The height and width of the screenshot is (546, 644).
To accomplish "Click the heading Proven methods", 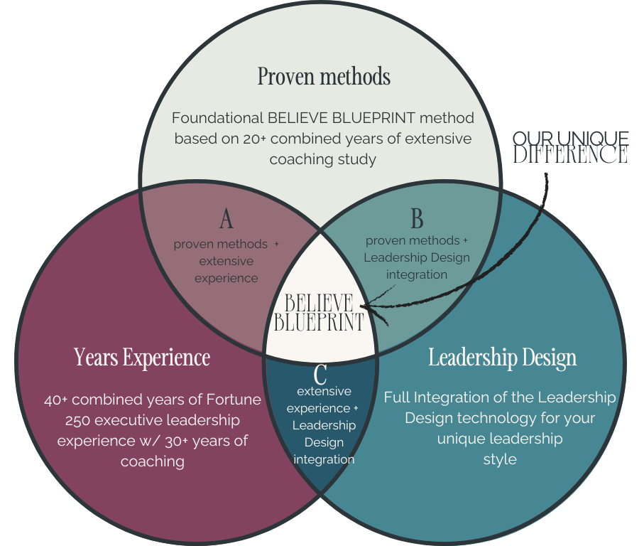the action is [x=324, y=76].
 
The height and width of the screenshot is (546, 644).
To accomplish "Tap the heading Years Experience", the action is [x=142, y=357].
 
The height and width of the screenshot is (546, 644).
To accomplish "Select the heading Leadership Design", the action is [x=502, y=357].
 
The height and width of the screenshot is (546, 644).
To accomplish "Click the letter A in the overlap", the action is [x=226, y=220].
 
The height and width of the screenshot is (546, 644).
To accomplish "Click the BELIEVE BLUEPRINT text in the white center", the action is [x=319, y=313].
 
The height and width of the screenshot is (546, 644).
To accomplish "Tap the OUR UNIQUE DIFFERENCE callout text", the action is [x=570, y=146].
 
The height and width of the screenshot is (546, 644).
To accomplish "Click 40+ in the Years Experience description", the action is [x=58, y=400].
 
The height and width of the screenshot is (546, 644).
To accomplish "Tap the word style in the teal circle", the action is [x=500, y=459].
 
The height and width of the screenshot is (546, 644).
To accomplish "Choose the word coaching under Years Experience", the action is [x=152, y=461].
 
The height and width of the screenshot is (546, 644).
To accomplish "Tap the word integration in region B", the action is [x=417, y=274].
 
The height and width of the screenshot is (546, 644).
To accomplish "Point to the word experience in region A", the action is [x=226, y=278].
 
